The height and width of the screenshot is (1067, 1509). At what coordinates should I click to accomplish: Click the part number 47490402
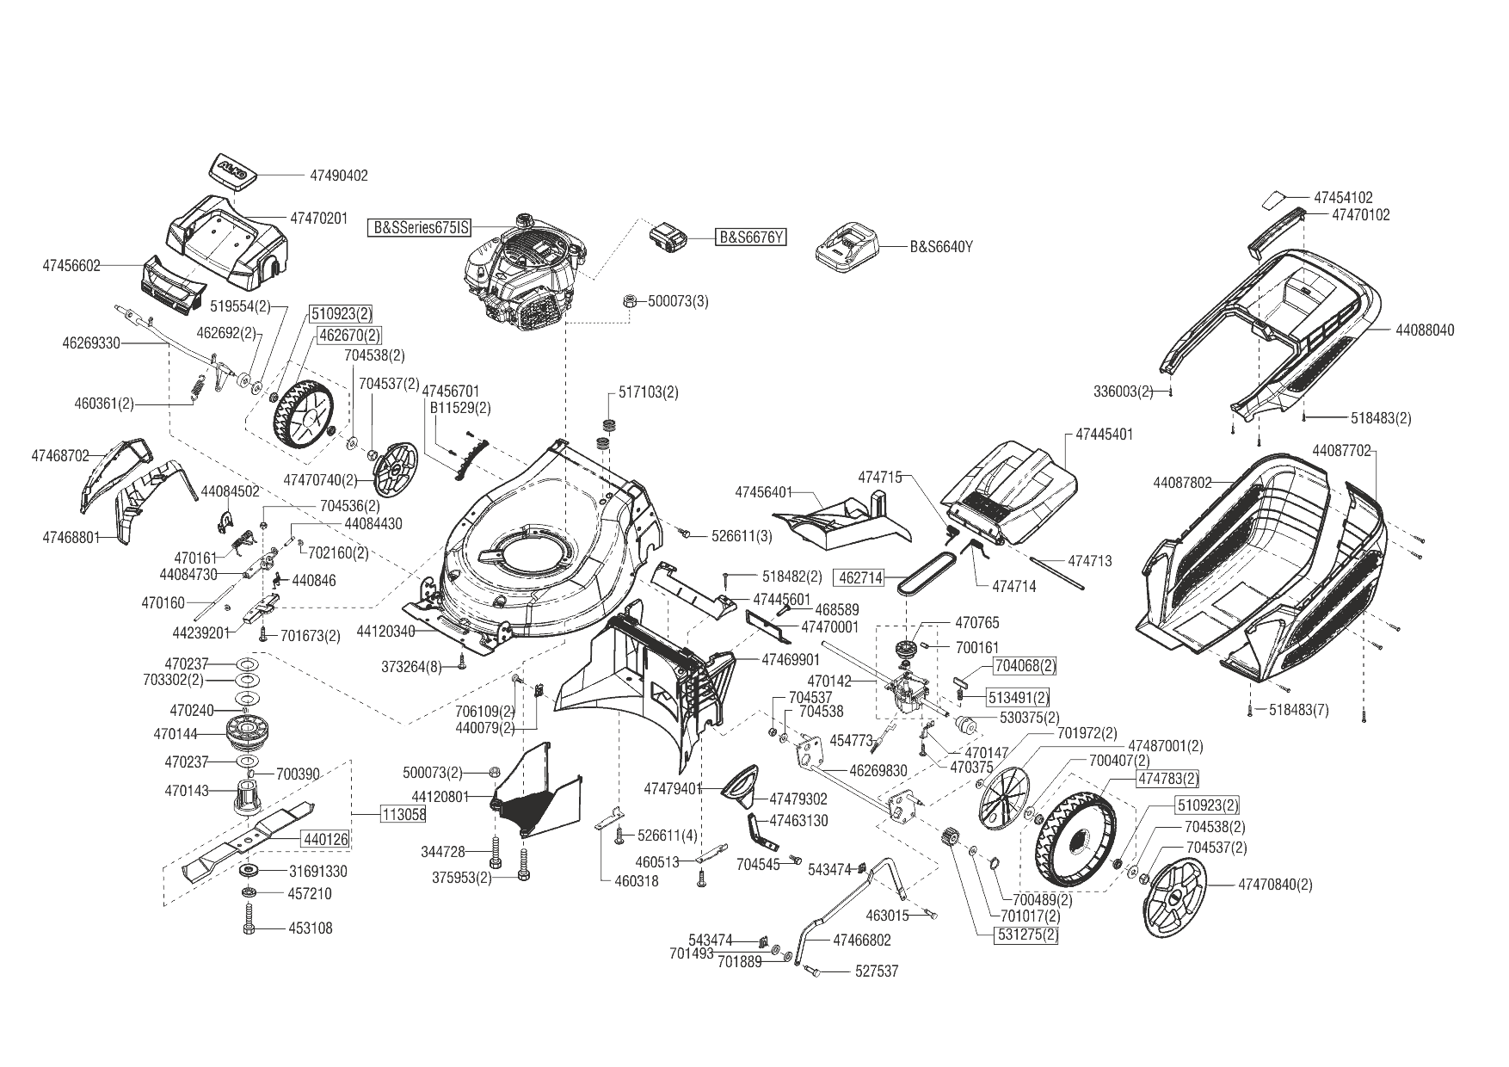(338, 176)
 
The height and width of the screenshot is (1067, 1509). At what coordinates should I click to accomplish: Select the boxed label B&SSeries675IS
(421, 228)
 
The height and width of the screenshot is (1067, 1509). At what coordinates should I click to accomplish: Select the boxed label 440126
(324, 838)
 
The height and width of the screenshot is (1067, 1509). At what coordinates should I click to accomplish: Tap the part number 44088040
(1425, 330)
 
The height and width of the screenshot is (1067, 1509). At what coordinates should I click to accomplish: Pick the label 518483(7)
(1299, 710)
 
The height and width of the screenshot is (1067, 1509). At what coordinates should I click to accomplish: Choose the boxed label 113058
(403, 813)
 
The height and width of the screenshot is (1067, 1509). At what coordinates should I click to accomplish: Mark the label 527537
(877, 971)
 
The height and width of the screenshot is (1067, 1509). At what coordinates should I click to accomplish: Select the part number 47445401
(1105, 435)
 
